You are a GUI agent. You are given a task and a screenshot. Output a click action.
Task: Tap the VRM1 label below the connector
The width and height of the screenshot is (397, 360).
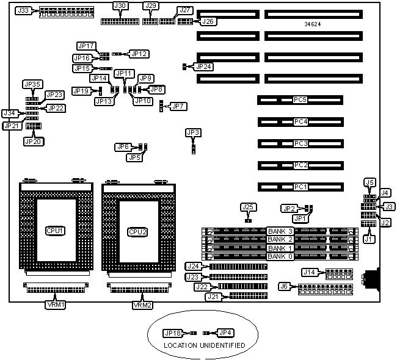point(53,304)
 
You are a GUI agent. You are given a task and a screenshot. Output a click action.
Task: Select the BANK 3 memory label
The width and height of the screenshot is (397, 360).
point(280,231)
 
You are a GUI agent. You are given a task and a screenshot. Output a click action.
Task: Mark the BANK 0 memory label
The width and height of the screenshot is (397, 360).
point(280,256)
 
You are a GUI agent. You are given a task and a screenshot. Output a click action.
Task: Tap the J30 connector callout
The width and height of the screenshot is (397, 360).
point(120,6)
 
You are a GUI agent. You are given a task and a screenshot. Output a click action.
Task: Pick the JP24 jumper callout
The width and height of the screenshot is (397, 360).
point(204,65)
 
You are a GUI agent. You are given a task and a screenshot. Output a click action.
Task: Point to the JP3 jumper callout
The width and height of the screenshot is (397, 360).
point(193,132)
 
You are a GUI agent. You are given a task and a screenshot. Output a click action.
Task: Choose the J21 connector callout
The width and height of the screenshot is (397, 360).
point(213,297)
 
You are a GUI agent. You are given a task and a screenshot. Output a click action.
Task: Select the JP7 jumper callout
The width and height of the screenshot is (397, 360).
point(178,106)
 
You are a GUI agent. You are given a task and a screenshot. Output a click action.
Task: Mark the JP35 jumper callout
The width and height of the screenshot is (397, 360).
point(32,84)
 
